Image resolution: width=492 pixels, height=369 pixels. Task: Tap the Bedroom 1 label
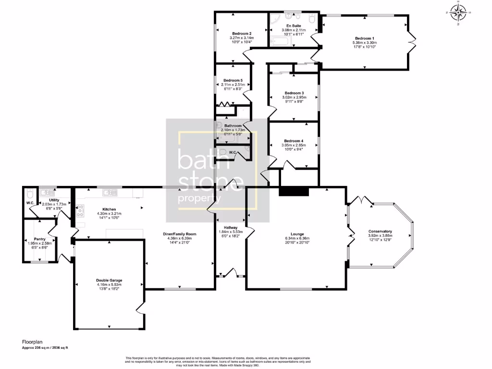pyautogui.click(x=364, y=38)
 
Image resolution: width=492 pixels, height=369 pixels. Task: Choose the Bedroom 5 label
pyautogui.click(x=233, y=80)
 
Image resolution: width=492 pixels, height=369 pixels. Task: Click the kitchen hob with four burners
pyautogui.click(x=80, y=209)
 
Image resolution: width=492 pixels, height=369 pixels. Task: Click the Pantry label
pyautogui.click(x=39, y=239)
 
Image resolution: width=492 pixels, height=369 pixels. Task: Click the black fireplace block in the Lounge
pyautogui.click(x=294, y=192)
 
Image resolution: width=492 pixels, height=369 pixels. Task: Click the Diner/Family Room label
pyautogui.click(x=179, y=234)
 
